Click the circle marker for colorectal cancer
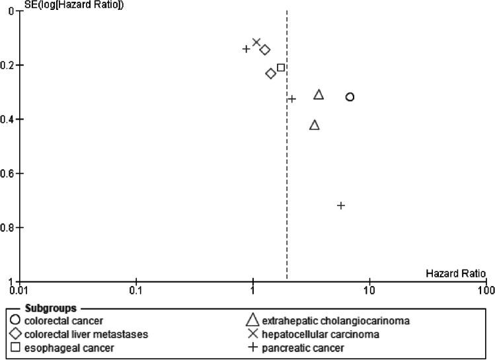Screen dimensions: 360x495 (x=350, y=97)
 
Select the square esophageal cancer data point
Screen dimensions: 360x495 (x=281, y=67)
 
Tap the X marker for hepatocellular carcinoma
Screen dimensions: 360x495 (x=256, y=42)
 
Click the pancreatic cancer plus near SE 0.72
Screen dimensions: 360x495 (x=341, y=205)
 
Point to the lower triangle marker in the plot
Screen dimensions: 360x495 (x=315, y=125)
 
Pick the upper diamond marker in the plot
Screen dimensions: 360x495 (x=265, y=50)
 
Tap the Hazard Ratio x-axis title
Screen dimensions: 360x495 (x=455, y=273)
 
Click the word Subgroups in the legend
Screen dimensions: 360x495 (x=50, y=308)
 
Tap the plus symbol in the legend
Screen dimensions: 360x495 (x=251, y=347)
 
